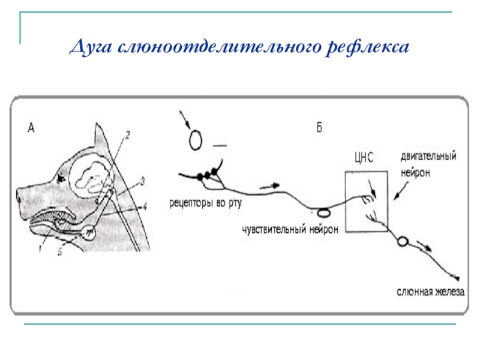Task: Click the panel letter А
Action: tap(31, 127)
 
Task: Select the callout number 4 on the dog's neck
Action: tap(145, 207)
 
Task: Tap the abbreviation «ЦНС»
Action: tap(364, 159)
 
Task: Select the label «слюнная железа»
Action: tap(430, 292)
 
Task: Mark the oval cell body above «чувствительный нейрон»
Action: tap(324, 211)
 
